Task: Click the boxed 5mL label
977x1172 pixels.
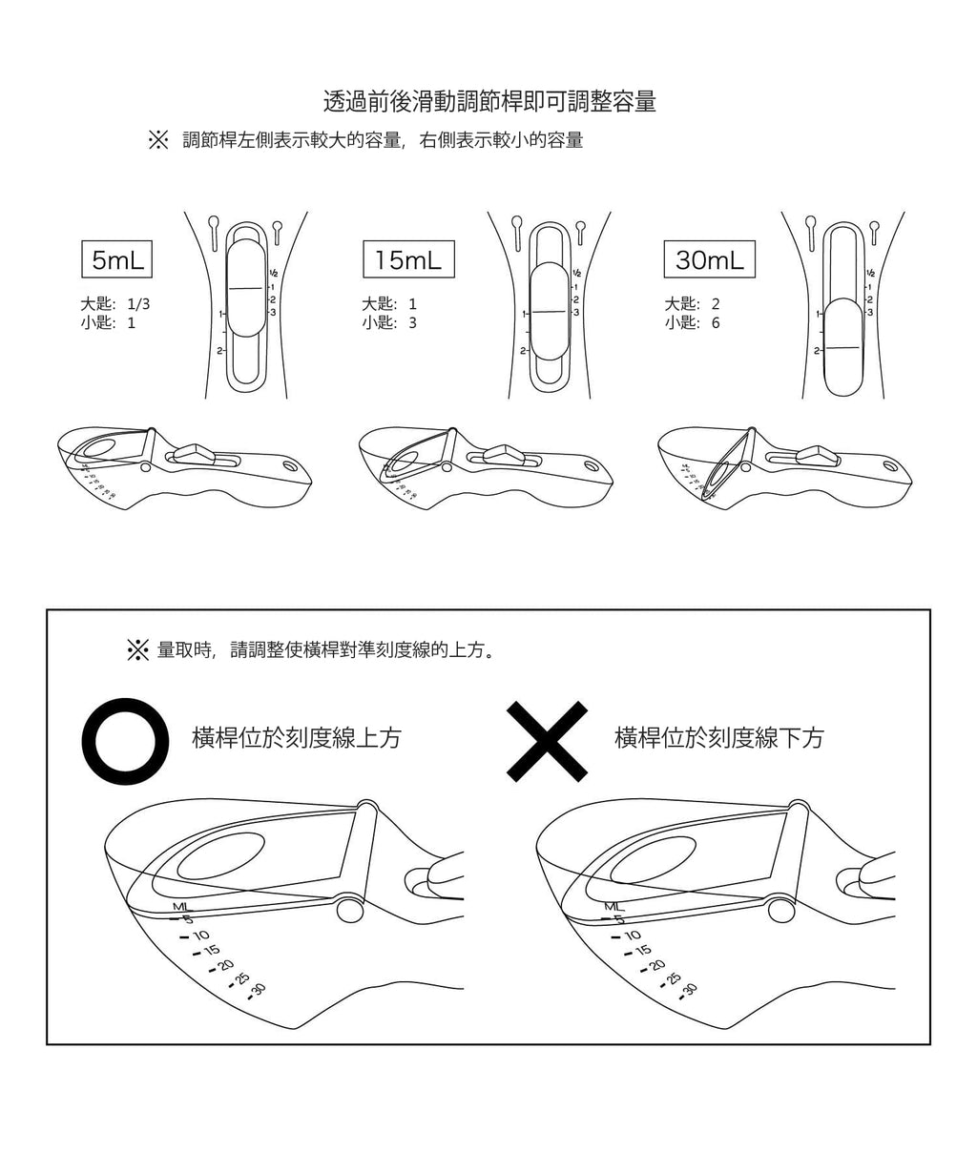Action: point(117,258)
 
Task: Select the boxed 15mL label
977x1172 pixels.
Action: point(408,258)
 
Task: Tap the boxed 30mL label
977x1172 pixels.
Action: point(709,258)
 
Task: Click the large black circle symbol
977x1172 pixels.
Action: point(125,740)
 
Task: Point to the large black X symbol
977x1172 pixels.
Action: point(547,741)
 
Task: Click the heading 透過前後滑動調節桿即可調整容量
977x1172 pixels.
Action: point(489,102)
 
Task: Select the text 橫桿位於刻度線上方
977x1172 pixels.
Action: point(297,738)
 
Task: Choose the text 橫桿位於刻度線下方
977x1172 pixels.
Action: point(719,738)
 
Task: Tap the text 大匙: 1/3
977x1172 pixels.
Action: point(115,304)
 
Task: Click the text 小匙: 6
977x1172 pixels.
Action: point(692,323)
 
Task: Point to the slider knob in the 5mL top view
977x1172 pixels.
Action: point(246,287)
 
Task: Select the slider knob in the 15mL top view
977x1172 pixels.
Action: point(549,311)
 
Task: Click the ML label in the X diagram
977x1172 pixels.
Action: point(613,906)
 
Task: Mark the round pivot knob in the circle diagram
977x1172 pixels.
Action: point(350,910)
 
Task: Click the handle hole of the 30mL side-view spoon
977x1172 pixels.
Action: point(890,466)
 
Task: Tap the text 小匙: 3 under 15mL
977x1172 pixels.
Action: point(389,323)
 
